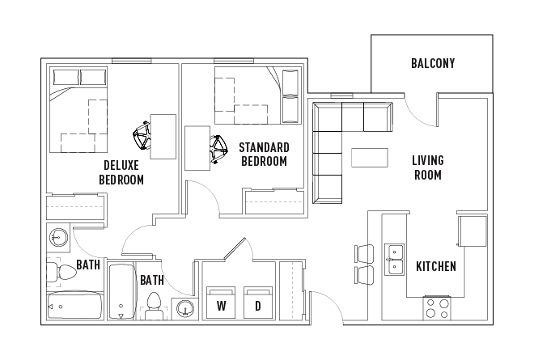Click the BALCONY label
[432, 63]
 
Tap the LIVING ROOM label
[428, 167]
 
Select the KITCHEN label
[435, 266]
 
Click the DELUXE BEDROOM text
[121, 172]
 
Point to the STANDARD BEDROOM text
[264, 154]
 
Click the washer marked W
[221, 302]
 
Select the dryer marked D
[258, 302]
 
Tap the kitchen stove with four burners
[438, 309]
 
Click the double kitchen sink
[395, 259]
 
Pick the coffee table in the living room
[369, 157]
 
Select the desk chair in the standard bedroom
[217, 148]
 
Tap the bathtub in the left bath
[74, 307]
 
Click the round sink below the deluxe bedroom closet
[58, 238]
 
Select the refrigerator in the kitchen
[472, 231]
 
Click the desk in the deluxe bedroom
[163, 136]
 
